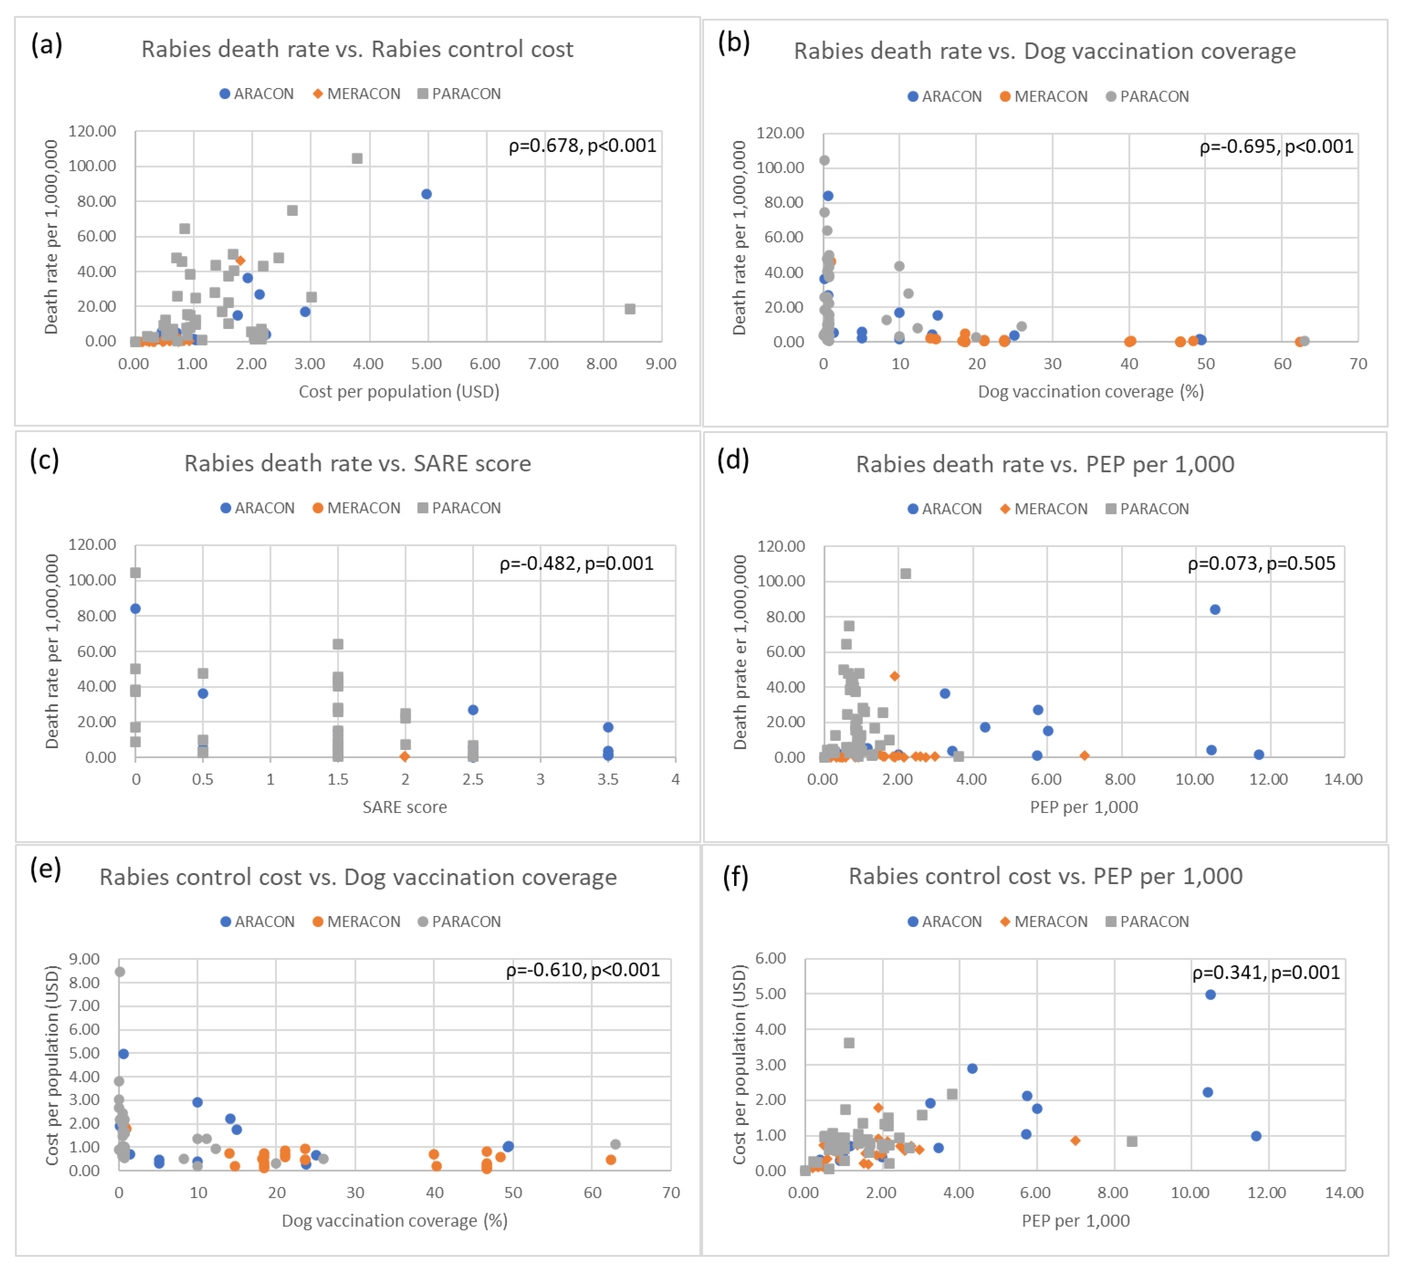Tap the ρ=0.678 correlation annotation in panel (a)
582,146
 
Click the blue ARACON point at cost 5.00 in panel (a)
427,194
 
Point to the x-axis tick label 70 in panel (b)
1357,364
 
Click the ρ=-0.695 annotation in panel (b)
1275,146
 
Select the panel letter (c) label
45,460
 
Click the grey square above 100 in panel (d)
905,574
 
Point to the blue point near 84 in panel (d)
1215,609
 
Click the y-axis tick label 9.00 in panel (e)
84,959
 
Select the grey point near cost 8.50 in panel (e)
120,972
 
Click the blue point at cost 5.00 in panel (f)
1210,994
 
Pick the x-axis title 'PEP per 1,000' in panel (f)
1075,1220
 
